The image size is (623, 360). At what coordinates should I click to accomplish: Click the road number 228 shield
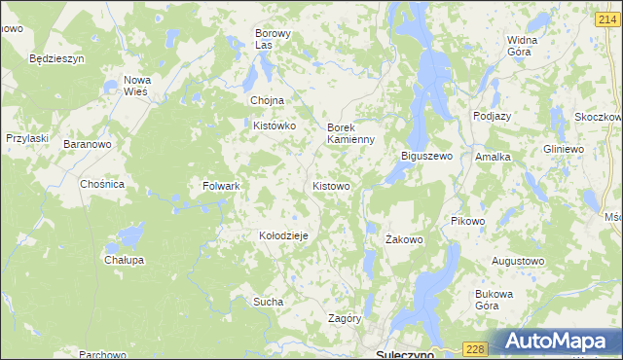(474, 349)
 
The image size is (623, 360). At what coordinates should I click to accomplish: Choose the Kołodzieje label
(283, 235)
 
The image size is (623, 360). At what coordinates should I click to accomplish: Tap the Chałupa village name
(124, 260)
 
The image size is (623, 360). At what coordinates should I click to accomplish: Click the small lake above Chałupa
(128, 234)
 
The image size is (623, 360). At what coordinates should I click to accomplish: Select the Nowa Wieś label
(135, 86)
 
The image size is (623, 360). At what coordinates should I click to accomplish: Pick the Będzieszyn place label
(57, 58)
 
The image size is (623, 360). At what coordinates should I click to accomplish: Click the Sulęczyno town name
(403, 354)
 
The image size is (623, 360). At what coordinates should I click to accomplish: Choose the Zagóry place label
(346, 318)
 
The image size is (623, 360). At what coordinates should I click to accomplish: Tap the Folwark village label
(221, 185)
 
